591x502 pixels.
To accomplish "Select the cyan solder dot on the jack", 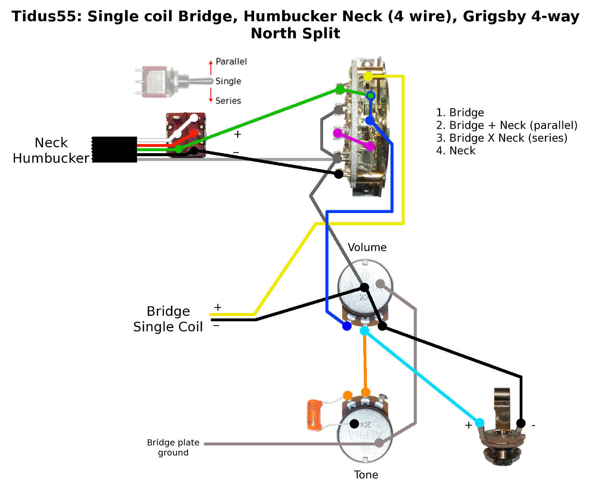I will [479, 423].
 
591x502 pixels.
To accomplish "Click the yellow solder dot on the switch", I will [368, 76].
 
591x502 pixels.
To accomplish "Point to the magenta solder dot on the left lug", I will [338, 133].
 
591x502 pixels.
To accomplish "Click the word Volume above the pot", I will [367, 247].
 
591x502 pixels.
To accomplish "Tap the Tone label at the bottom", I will [366, 475].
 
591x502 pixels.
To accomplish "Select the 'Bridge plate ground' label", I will [173, 448].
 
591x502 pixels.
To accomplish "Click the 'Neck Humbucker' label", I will [51, 150].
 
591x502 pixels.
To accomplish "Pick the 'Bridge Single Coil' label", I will [168, 319].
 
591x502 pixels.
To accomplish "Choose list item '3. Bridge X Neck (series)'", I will [502, 138].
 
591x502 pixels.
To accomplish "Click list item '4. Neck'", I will [455, 151].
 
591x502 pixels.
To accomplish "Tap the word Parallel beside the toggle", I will [231, 62].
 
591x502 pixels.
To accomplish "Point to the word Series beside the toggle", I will [228, 101].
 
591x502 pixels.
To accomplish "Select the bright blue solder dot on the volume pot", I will [347, 326].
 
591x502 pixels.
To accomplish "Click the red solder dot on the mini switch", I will [193, 133].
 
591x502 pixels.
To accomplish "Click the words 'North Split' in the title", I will [295, 33].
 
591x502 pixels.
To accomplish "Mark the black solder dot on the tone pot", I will [354, 424].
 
